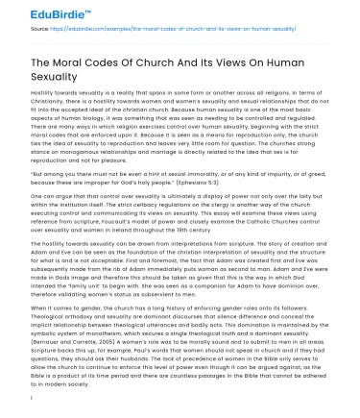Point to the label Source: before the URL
coord(16,31)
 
